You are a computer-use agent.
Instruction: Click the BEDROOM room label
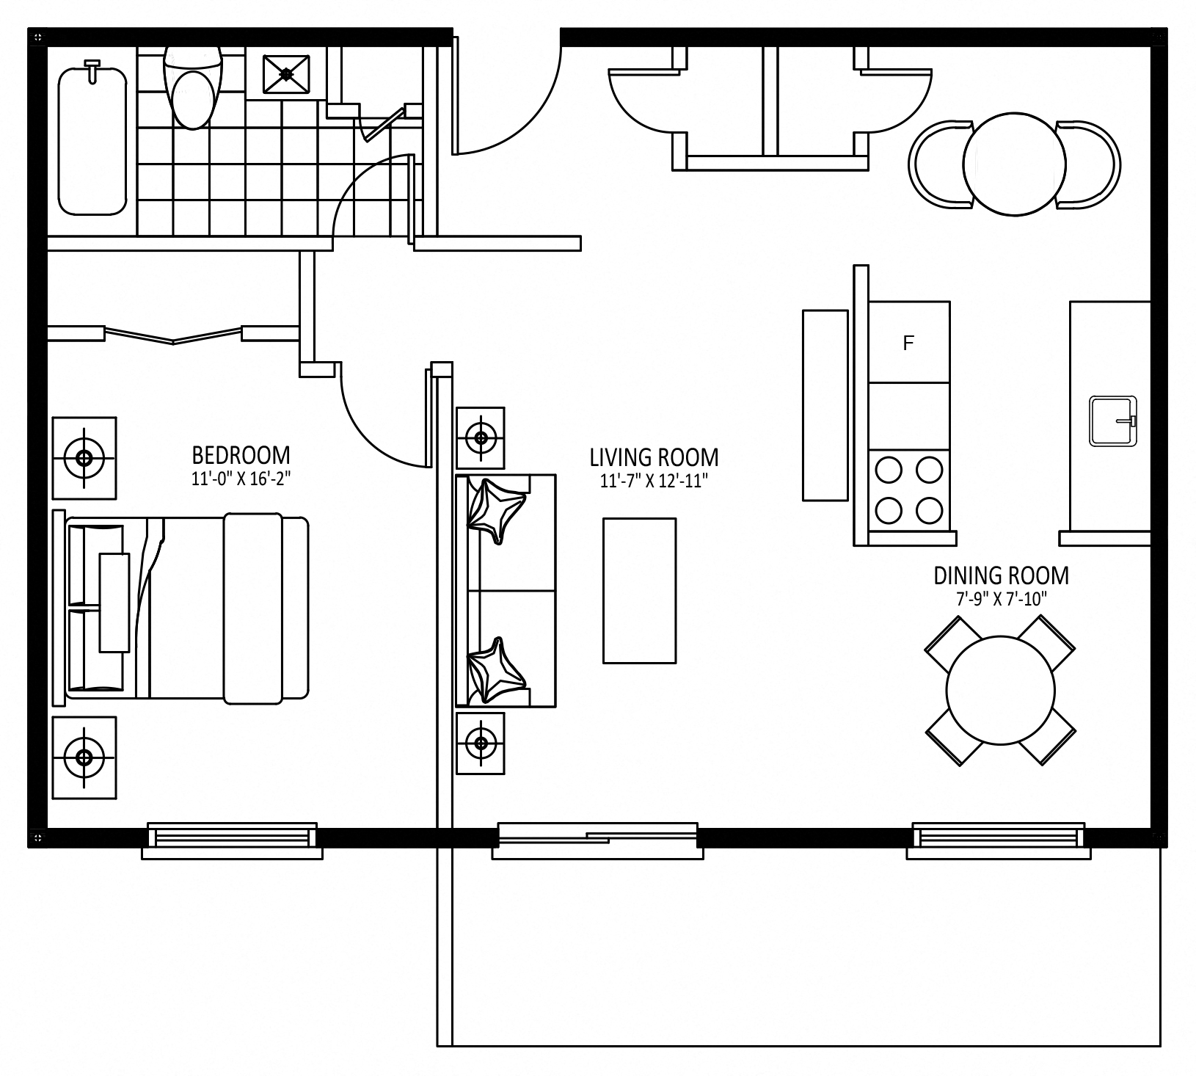click(241, 455)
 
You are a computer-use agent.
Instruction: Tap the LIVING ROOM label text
click(654, 458)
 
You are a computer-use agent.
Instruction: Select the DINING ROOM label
click(1001, 575)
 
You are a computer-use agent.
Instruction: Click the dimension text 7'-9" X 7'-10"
click(1001, 598)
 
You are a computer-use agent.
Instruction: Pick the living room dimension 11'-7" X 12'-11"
click(654, 481)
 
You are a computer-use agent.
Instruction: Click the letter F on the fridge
click(908, 343)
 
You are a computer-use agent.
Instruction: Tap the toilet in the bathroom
click(192, 86)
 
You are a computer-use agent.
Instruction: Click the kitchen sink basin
click(1113, 421)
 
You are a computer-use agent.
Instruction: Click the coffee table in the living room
click(639, 591)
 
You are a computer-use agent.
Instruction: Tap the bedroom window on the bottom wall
click(232, 839)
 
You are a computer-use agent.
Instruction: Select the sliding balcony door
click(597, 839)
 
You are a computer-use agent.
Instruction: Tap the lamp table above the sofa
click(481, 438)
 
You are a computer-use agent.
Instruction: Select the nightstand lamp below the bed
click(84, 758)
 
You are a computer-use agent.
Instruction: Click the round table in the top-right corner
click(1014, 164)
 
